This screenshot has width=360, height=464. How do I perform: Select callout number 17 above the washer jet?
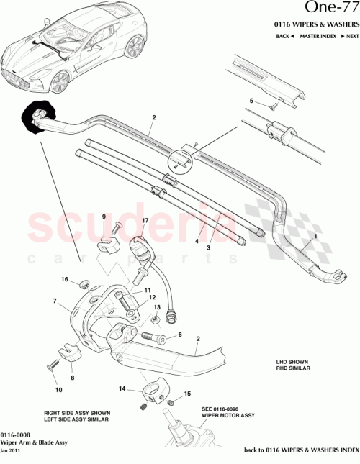point(145,221)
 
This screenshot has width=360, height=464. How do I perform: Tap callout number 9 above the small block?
point(103,217)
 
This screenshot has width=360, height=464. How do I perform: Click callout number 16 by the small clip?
point(64,280)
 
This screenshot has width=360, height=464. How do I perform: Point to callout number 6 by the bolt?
point(180,335)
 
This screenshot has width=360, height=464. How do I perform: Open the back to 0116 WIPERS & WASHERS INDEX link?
point(302,450)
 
